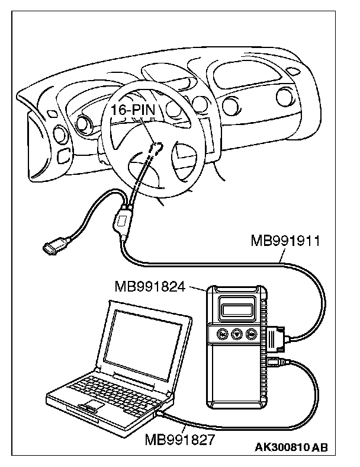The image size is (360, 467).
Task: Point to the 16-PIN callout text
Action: (x=133, y=110)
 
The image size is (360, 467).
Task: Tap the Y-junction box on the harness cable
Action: (x=121, y=220)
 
